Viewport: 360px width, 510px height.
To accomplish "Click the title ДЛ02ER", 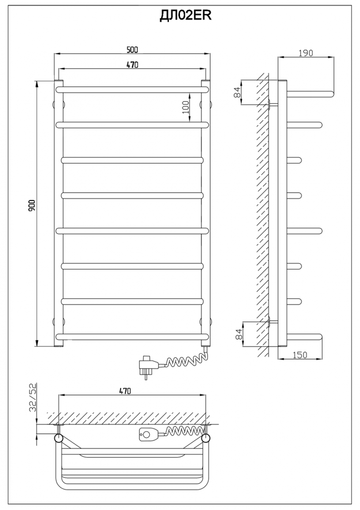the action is (x=185, y=16).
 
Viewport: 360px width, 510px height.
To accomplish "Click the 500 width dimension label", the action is (x=132, y=50).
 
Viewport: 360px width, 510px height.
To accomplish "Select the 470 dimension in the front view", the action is (x=132, y=65).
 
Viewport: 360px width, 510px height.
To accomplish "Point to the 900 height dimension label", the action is (x=32, y=205).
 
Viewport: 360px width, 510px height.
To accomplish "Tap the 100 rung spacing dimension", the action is (x=186, y=107).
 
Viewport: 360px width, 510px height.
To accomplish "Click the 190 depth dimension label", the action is (x=306, y=53).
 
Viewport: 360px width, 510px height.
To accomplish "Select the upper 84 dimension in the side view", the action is (x=237, y=92).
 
